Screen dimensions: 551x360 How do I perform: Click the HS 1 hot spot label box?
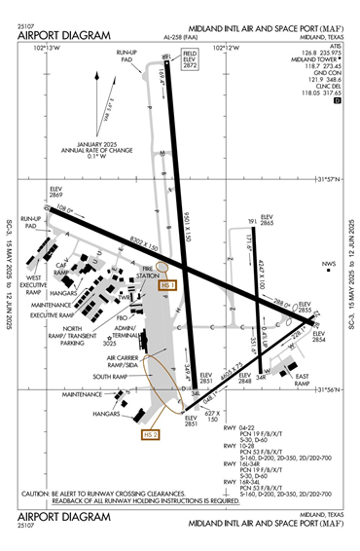tap(167, 285)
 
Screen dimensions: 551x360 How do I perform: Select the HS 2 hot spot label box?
tap(150, 434)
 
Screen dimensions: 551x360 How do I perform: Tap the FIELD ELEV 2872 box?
tap(189, 57)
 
